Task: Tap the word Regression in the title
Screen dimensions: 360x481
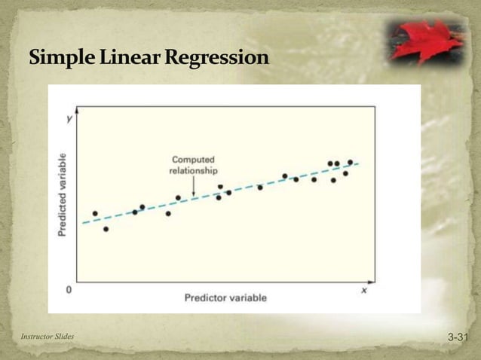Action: [x=218, y=57]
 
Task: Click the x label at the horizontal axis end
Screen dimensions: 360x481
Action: [x=363, y=289]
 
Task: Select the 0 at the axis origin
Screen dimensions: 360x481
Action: [x=69, y=289]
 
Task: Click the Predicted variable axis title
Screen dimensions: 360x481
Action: [x=63, y=194]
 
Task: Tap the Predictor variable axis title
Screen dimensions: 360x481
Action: [x=225, y=297]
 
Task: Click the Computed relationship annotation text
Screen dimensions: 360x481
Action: [x=194, y=165]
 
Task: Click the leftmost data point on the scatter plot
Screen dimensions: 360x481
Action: [x=95, y=213]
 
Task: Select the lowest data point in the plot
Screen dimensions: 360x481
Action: [x=106, y=229]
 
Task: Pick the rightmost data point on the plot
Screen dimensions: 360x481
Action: [x=350, y=162]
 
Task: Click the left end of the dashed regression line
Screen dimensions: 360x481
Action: [x=83, y=224]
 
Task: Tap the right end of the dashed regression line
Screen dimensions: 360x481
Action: [x=359, y=163]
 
